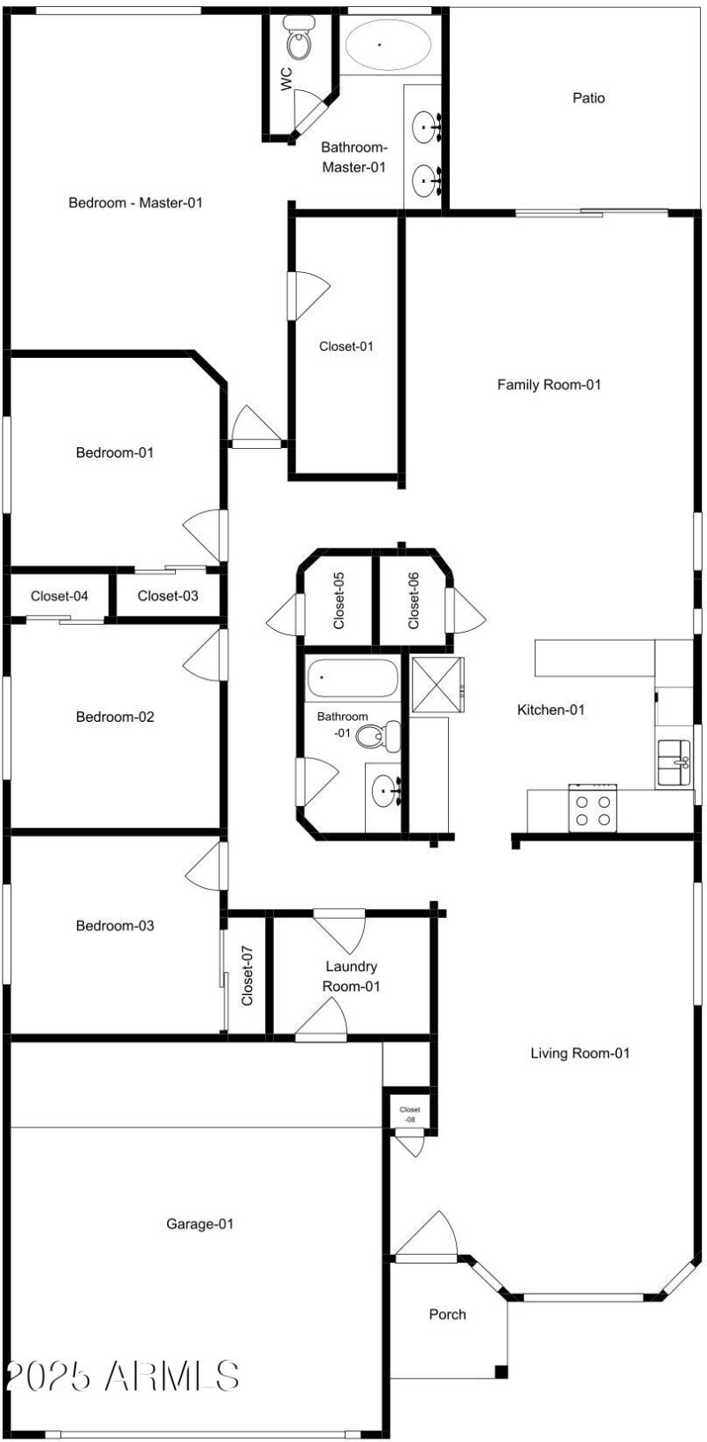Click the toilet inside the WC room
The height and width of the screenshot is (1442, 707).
[299, 40]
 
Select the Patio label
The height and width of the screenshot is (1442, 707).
[589, 98]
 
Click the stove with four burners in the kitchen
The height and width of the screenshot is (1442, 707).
[592, 809]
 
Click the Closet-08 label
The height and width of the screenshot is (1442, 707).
[410, 1114]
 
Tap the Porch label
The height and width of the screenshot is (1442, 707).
[447, 1314]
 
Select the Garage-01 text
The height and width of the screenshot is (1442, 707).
[201, 1224]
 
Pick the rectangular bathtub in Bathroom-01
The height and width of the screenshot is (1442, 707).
[352, 679]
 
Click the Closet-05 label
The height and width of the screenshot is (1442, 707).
[339, 601]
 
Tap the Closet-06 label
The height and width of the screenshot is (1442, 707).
[414, 601]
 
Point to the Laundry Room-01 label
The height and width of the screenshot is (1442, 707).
[352, 976]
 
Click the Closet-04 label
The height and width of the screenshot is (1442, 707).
[59, 596]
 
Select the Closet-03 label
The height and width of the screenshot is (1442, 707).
[168, 596]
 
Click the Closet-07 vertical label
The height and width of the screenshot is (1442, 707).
[247, 975]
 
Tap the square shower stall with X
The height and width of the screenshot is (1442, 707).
[437, 685]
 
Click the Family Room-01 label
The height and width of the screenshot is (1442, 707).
[549, 384]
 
